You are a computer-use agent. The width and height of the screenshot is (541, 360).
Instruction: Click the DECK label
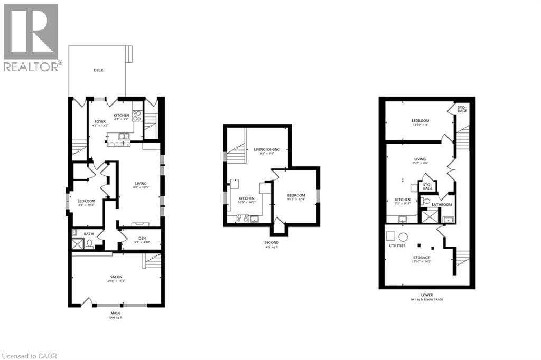98,70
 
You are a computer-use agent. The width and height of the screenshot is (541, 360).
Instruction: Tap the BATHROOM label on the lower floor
442,205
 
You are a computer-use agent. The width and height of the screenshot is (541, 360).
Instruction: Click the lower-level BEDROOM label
420,121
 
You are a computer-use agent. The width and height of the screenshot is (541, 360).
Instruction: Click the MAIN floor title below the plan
115,313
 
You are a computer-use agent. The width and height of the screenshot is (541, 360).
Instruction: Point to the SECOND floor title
272,243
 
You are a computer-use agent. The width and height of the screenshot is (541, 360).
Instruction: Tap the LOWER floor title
427,295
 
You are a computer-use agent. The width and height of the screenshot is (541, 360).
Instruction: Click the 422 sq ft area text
272,247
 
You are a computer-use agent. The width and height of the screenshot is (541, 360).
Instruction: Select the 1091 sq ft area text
115,318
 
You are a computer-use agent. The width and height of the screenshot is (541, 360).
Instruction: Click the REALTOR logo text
32,66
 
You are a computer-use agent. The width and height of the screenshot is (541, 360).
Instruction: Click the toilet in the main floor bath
90,243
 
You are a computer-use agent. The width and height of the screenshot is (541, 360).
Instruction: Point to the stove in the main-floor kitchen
137,115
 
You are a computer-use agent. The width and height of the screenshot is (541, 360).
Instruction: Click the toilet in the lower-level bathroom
426,201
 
